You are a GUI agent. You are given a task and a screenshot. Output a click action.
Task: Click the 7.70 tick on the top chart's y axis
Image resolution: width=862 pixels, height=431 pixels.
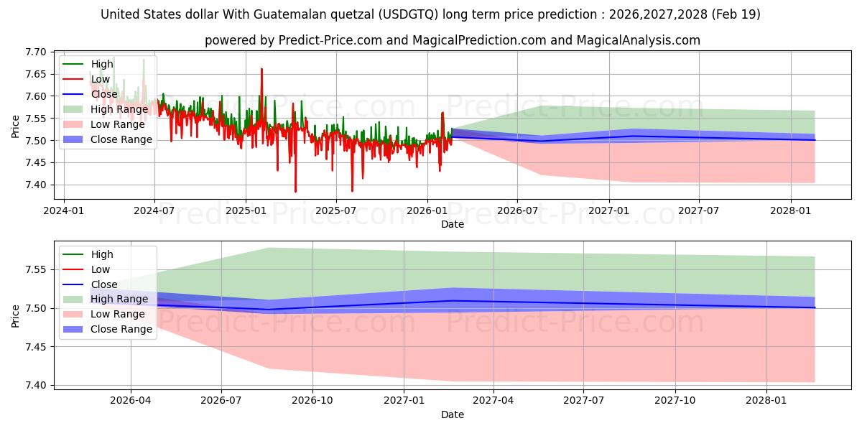coord(35,52)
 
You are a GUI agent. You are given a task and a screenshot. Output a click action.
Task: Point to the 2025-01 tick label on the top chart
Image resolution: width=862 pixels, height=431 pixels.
coord(246,211)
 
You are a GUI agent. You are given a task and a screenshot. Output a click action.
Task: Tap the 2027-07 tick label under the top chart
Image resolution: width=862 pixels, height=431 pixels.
coord(698,211)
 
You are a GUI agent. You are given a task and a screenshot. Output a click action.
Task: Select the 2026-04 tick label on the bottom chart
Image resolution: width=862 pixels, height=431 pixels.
coord(131,401)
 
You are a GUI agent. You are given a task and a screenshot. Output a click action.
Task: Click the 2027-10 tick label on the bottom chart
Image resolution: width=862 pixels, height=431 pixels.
coord(675,401)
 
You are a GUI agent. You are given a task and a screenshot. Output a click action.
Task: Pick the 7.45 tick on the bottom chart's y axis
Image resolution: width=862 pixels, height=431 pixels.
coord(35,347)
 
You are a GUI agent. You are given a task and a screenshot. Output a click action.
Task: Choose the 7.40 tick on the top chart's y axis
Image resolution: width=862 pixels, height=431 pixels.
coord(35,185)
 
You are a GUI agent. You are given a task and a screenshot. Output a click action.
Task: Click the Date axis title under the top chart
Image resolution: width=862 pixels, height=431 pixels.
coord(452,224)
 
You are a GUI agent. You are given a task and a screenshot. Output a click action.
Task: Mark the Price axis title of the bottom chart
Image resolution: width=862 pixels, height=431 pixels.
coord(15,316)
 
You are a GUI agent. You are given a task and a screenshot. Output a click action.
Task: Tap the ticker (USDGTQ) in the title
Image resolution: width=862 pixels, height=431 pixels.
coord(408,14)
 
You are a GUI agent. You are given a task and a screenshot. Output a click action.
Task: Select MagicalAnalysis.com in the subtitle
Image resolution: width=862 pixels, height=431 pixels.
coord(638,40)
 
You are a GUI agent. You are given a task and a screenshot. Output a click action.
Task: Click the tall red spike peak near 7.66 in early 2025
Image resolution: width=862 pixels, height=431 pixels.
coord(261,69)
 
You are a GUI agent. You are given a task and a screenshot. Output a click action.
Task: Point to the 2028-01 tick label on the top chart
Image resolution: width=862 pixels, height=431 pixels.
coord(790,211)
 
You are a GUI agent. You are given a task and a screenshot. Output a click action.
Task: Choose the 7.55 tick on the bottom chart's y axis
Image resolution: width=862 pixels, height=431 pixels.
coord(35,270)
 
